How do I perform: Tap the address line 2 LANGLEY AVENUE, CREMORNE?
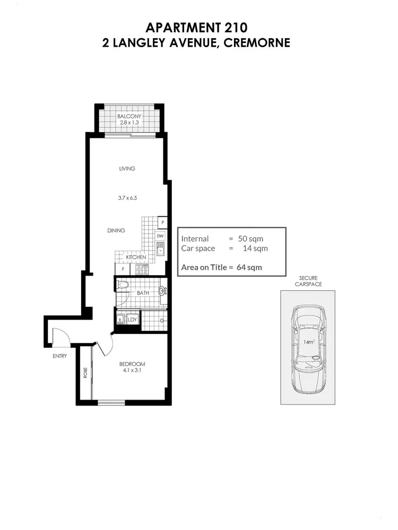pos(196,43)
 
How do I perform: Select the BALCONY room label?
pos(129,116)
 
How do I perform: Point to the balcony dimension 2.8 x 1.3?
pos(129,123)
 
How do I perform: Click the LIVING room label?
pos(127,169)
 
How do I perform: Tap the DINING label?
pos(116,231)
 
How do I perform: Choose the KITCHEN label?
pos(136,257)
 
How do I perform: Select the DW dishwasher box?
pos(160,236)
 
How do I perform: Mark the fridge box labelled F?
pos(123,269)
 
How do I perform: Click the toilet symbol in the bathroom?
pos(123,285)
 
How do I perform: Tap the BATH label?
pos(143,293)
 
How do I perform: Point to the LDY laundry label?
pos(133,320)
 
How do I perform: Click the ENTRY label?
pos(59,356)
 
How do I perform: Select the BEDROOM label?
pos(132,364)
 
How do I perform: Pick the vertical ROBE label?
pos(85,373)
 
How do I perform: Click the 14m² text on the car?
pos(309,342)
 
